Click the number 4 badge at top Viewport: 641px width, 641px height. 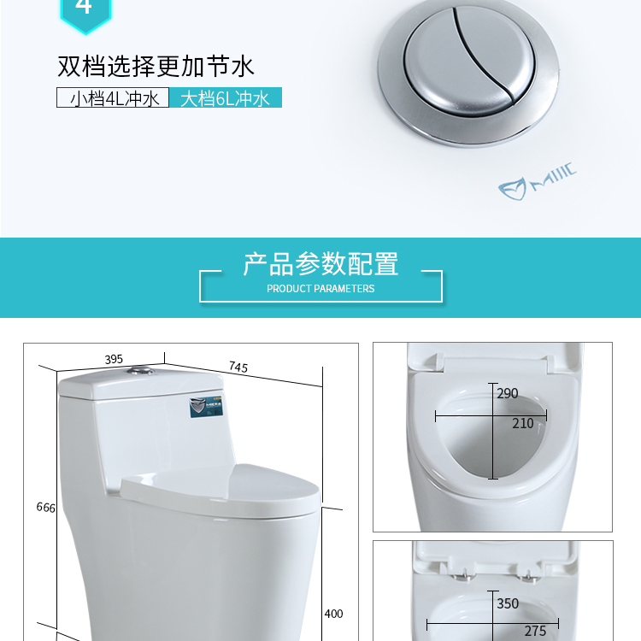(85, 12)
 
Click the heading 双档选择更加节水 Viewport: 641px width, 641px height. (156, 66)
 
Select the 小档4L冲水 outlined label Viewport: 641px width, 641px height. (113, 97)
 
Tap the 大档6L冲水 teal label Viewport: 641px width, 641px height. (226, 97)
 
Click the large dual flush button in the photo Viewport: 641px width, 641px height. (468, 72)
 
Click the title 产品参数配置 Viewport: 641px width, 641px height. (320, 264)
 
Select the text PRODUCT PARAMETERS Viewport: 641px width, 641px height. (320, 289)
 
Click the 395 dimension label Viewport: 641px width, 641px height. (113, 359)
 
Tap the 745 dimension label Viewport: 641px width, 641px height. (238, 367)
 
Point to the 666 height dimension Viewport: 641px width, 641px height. (46, 508)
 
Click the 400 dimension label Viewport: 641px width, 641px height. (333, 614)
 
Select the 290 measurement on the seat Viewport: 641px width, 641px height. (508, 393)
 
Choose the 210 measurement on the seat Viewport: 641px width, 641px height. (523, 424)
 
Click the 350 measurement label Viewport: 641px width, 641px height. (508, 603)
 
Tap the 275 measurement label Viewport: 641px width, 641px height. (535, 631)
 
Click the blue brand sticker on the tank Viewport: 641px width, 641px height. (207, 406)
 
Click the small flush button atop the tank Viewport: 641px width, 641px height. (140, 371)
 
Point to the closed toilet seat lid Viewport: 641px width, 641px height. (221, 491)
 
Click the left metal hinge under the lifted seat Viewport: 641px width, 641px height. (463, 575)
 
